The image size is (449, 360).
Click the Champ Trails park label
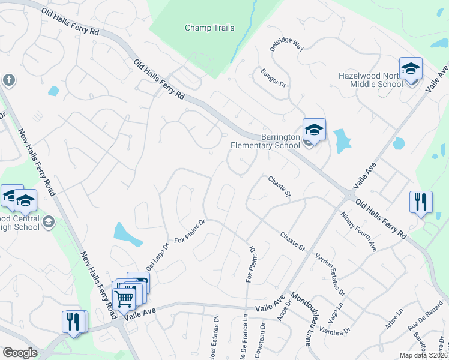[209, 28]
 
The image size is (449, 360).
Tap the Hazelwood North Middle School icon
[411, 69]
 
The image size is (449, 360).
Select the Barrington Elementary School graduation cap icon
[314, 130]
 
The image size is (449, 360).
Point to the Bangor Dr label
[273, 79]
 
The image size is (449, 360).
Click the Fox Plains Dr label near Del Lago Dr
[190, 231]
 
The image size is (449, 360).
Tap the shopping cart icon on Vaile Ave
[124, 297]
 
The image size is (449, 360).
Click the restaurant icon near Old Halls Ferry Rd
[420, 202]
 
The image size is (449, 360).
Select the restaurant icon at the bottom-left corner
[72, 321]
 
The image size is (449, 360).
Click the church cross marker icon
[8, 80]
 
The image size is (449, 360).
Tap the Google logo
[20, 353]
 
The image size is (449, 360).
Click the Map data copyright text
[423, 355]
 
